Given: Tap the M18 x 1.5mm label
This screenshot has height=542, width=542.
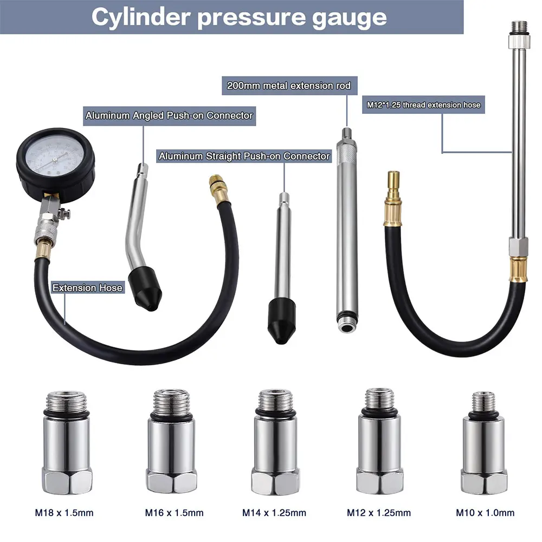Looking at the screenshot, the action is coord(64,513).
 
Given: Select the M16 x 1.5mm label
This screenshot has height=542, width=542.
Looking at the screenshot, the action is coord(174,513).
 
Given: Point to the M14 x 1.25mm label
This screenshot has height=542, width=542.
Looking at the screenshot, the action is coord(274,513).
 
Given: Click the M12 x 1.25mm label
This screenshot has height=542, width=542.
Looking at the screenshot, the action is coord(379,513).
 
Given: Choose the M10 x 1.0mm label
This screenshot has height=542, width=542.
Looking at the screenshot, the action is coord(485,513).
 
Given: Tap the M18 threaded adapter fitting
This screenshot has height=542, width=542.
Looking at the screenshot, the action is coord(67,442).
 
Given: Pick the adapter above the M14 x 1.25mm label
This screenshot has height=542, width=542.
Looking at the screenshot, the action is coord(275,442).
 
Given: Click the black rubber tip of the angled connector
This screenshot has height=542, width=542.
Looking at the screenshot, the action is coord(145,289).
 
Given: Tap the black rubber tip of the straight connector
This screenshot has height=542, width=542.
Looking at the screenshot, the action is coord(282,320).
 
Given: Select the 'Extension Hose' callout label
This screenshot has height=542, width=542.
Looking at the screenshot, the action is coord(87,288).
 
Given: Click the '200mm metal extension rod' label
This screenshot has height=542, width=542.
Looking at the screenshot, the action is coord(289,86).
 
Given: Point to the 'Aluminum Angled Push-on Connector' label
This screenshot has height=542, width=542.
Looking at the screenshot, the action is coord(169,115).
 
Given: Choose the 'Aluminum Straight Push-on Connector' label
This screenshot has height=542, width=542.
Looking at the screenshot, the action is coord(244,156).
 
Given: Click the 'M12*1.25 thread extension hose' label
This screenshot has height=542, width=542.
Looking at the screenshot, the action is coord(423,105).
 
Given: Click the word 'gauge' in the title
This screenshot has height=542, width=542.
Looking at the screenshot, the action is coord(349,17).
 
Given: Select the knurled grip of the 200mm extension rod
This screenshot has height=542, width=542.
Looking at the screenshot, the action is coord(347,153).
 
